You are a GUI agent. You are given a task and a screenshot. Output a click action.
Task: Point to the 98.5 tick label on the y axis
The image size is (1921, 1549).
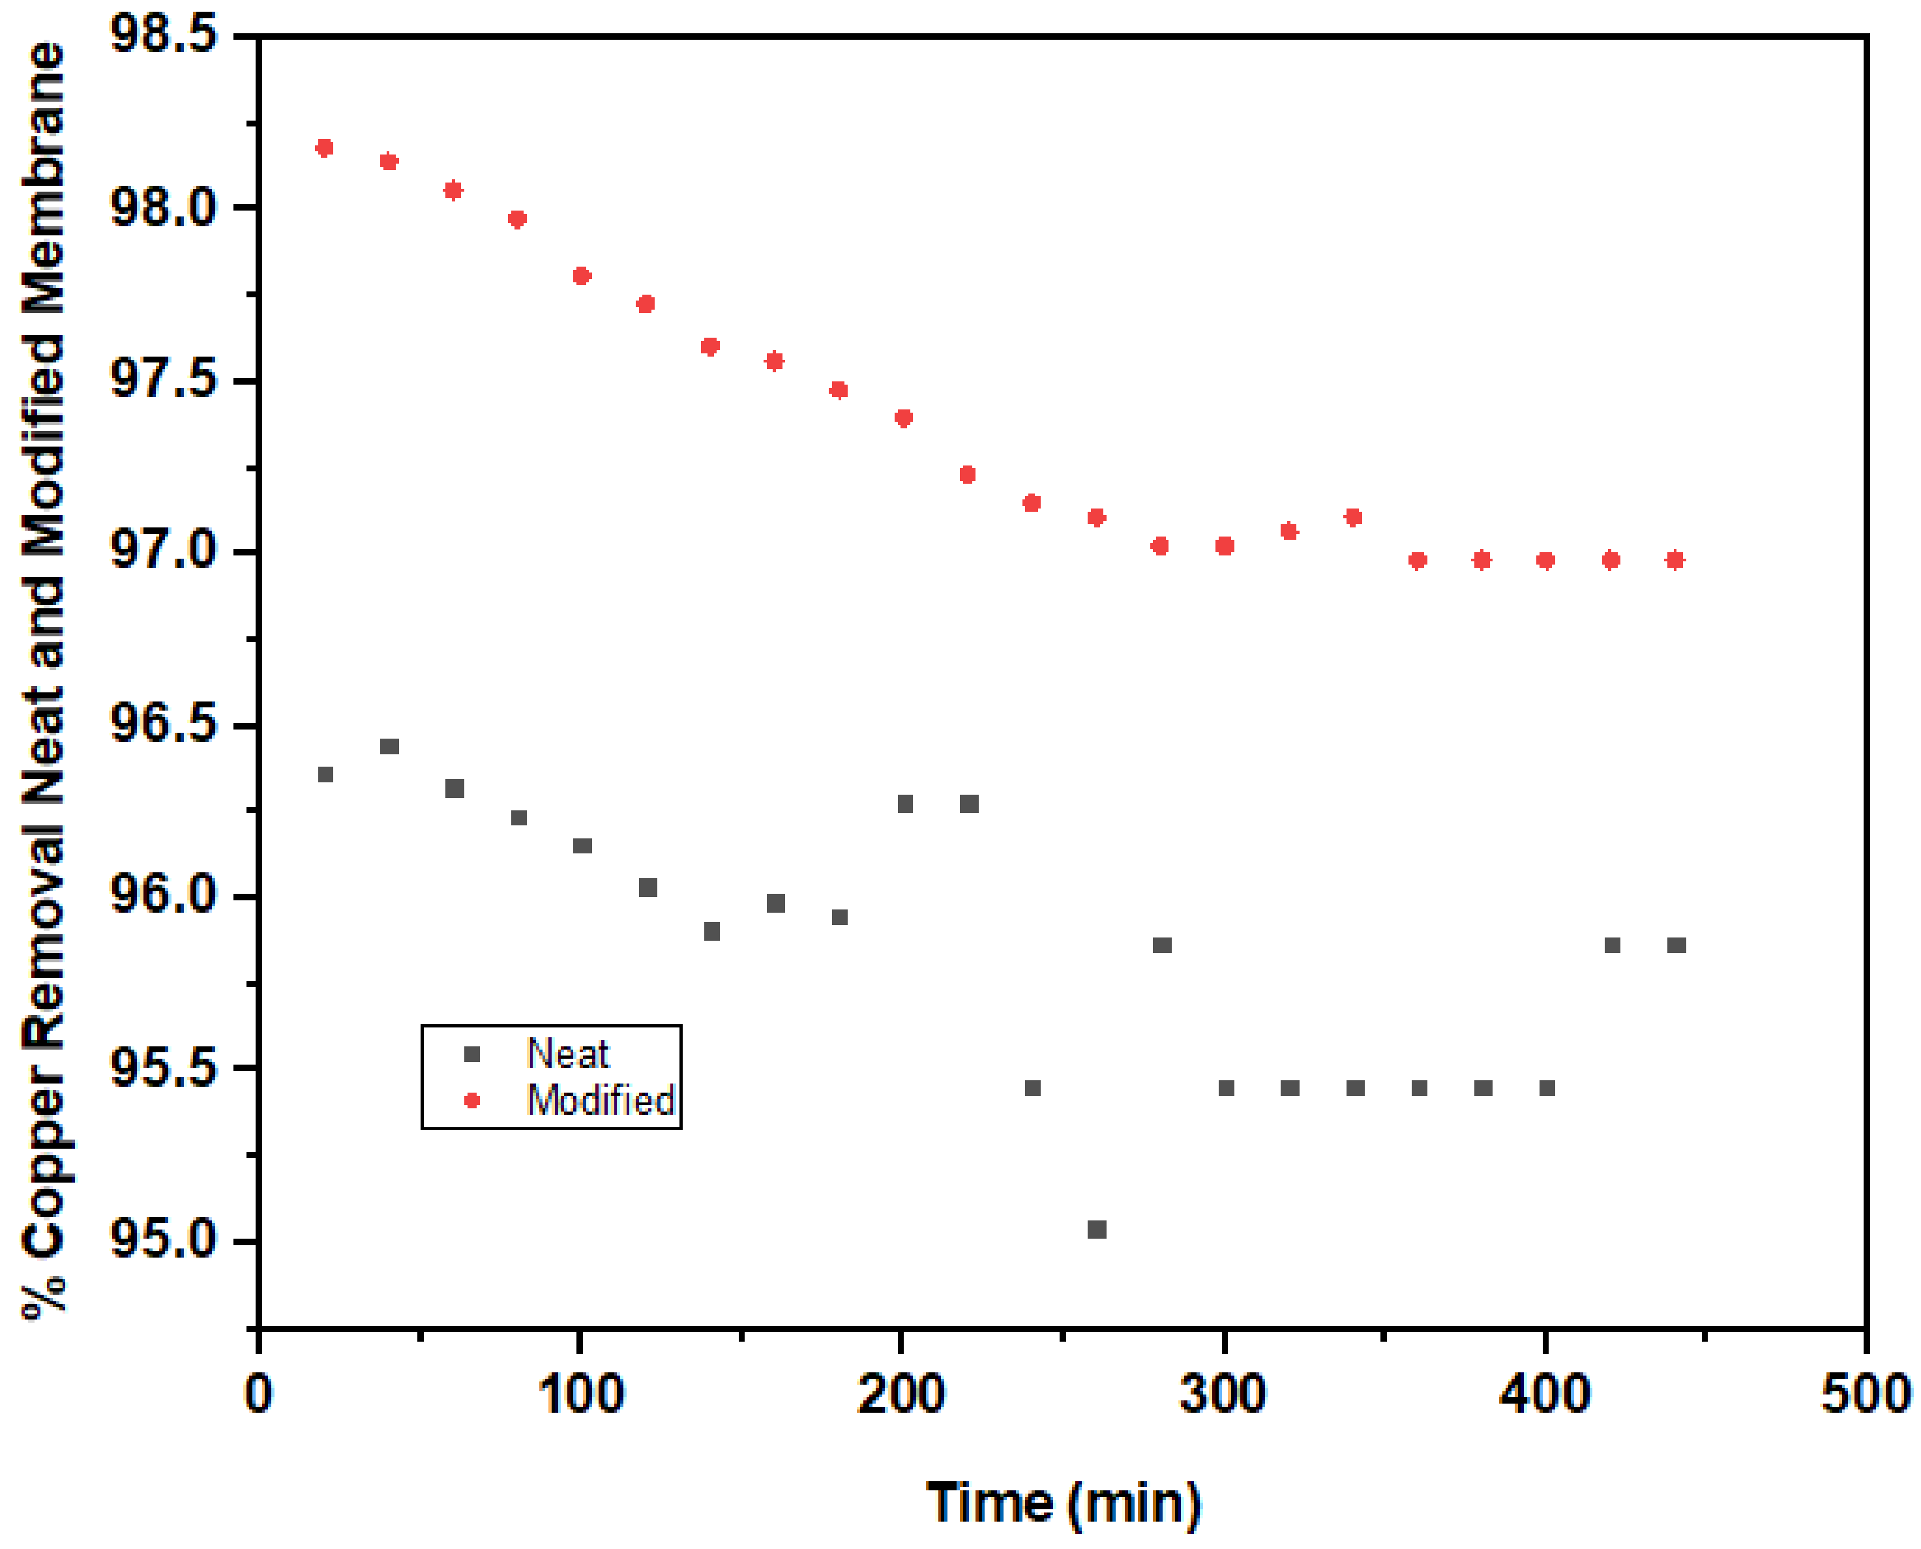coord(163,36)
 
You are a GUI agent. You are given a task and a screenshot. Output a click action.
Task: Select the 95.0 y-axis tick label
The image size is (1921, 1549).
coord(163,1240)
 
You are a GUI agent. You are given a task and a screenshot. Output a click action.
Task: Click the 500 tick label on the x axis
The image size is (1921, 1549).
coord(1865,1394)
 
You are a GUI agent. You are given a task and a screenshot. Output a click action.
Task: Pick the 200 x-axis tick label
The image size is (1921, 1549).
coord(901,1394)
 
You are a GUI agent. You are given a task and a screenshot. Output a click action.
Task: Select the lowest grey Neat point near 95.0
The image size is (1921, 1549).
coord(1097,1230)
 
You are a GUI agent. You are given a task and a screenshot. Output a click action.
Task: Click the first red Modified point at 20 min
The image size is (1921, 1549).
coord(325,148)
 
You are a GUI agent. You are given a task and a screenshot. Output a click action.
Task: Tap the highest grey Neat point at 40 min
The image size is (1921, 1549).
coord(390,746)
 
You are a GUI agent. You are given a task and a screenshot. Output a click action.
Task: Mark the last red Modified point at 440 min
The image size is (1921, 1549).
coord(1676,561)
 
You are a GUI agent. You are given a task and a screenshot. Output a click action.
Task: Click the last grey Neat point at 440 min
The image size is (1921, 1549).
coord(1676,945)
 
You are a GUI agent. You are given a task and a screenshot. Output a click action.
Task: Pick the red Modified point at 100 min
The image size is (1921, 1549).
coord(582,276)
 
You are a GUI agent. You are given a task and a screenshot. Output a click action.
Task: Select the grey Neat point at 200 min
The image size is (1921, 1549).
coord(904,804)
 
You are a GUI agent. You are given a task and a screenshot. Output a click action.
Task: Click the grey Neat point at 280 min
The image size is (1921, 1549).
coord(1162,945)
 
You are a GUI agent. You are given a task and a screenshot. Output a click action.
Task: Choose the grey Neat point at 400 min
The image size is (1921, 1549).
coord(1547,1087)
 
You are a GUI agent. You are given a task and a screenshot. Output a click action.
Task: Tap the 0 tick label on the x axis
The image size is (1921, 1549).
coord(259,1394)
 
